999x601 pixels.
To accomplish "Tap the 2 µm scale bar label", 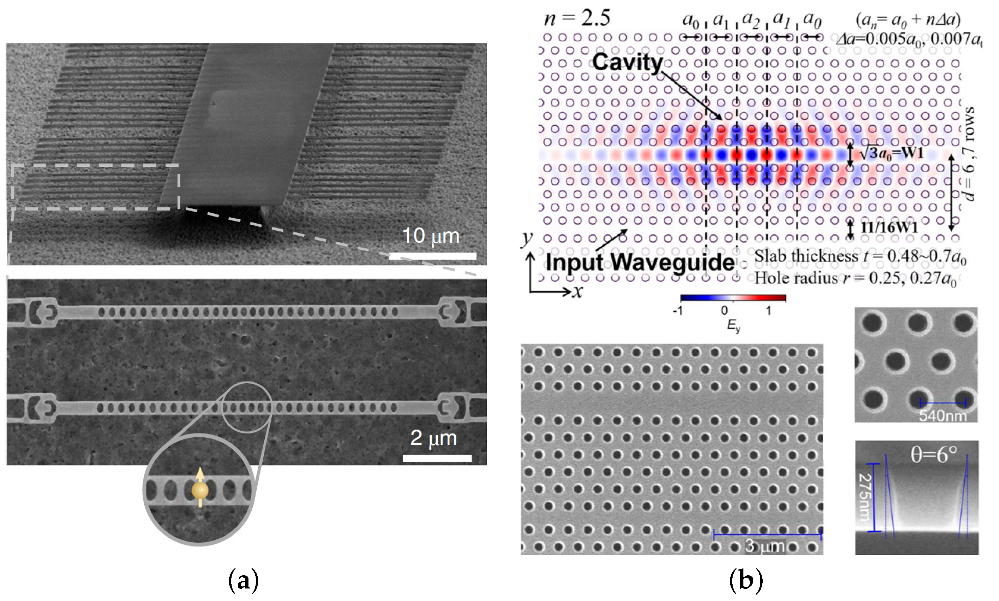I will [433, 438].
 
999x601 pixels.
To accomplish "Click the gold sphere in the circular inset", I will [200, 490].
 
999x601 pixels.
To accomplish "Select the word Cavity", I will [627, 63].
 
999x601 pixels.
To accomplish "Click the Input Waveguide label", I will [640, 263].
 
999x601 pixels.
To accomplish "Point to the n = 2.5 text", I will [577, 18].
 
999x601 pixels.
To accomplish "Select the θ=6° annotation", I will [933, 455].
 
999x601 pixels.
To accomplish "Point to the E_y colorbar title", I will [733, 325].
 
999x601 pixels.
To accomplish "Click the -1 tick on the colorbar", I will [678, 311].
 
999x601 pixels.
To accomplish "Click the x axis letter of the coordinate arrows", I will [578, 291].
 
